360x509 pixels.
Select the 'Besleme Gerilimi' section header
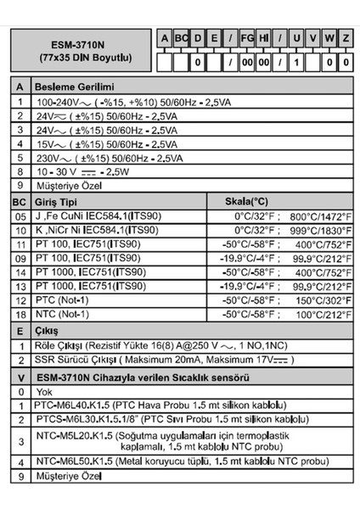click(73, 87)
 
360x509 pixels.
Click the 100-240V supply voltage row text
click(132, 103)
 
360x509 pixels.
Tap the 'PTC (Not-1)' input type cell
click(59, 300)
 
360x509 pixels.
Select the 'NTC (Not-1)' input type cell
click(59, 314)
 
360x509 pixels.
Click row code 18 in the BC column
click(19, 314)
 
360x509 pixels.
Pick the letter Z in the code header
click(346, 37)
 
